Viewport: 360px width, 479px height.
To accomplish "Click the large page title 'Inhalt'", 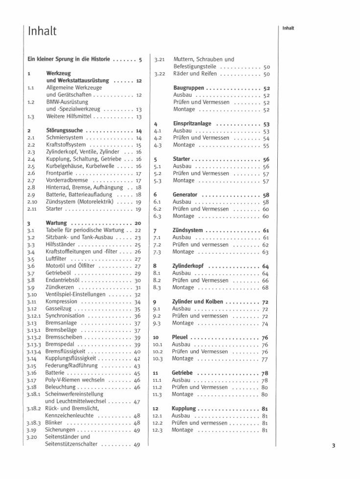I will point(43,31).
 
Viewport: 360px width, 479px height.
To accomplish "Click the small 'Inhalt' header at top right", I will point(288,28).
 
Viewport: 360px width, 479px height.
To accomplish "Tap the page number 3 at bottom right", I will point(333,445).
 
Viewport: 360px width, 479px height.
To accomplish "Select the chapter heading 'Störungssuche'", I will point(64,131).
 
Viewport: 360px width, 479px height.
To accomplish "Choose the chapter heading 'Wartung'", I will point(56,223).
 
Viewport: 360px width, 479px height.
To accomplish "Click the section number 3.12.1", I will point(34,316).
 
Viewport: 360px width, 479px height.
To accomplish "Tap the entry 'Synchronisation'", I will point(65,316).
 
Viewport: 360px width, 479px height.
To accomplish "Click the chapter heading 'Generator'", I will point(185,195).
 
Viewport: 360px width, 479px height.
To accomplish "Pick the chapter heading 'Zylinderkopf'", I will point(188,266).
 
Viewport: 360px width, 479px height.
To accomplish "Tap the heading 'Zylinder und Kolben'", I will point(198,302).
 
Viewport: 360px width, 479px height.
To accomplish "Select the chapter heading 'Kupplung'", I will point(184,409).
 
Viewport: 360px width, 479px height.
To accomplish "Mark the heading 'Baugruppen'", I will point(189,88).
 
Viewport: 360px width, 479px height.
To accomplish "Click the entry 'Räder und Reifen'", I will point(195,74).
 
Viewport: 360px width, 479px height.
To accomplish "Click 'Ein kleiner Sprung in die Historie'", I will point(68,60).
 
